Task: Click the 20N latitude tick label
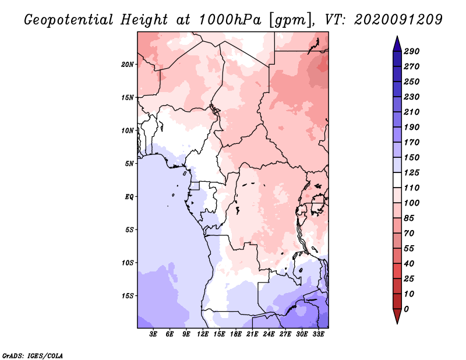[128, 64]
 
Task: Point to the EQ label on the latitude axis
[129, 196]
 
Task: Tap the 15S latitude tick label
[128, 295]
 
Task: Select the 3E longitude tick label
[153, 334]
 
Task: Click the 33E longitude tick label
[318, 334]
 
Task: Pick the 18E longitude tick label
[236, 334]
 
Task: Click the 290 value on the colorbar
[412, 51]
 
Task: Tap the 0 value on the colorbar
[406, 309]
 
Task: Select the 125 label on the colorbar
[412, 172]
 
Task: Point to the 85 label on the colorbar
[409, 218]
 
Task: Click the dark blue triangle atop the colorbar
[397, 44]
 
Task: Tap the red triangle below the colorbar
[397, 316]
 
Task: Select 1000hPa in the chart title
[230, 20]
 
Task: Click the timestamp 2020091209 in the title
[398, 20]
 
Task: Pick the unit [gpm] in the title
[292, 20]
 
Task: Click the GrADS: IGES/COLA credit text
[33, 355]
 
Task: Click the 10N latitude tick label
[128, 130]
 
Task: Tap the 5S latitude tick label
[129, 230]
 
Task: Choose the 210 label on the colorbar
[412, 112]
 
